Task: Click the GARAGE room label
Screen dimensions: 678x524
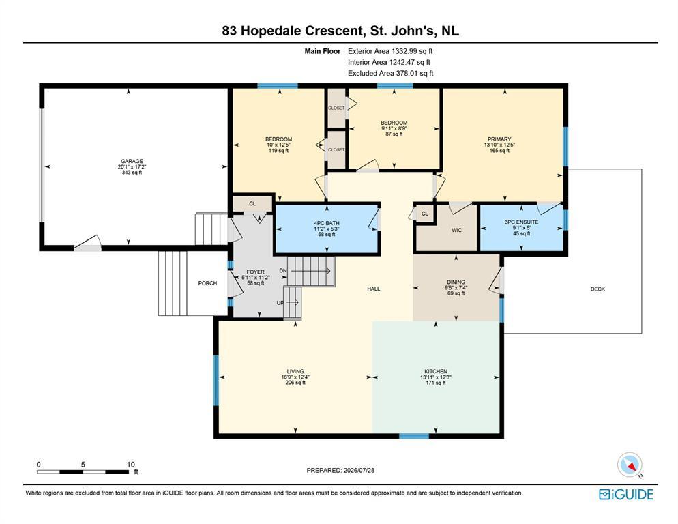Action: click(x=132, y=162)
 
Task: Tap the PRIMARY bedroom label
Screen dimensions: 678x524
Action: click(x=499, y=139)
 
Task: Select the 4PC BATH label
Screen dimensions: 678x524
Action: click(x=327, y=223)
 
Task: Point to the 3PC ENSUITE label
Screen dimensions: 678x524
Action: click(x=522, y=222)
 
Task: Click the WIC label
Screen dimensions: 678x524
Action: click(x=456, y=230)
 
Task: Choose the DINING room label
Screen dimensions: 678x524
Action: click(x=456, y=282)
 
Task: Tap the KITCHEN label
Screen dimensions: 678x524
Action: click(x=436, y=371)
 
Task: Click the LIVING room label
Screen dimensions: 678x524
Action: click(x=295, y=371)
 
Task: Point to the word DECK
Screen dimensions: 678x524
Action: click(x=598, y=289)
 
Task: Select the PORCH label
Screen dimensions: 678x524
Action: click(x=207, y=283)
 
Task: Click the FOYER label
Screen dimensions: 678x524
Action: click(x=256, y=272)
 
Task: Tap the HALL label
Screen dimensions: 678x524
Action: click(x=374, y=289)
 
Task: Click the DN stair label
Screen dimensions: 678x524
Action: click(x=283, y=270)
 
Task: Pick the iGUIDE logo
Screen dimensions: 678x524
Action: click(x=626, y=494)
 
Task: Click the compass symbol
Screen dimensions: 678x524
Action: click(x=630, y=465)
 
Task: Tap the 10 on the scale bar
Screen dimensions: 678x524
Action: click(x=130, y=464)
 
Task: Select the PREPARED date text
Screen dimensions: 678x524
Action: click(x=340, y=470)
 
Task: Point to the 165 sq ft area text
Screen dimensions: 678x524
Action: click(x=499, y=151)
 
